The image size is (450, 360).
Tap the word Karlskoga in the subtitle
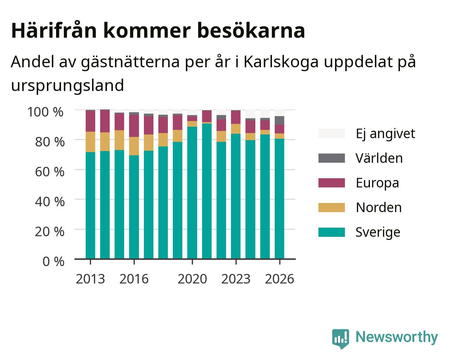tap(281, 62)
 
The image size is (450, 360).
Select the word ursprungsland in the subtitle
tap(67, 86)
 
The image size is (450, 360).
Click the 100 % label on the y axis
tap(45, 112)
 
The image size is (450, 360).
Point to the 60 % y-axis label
tap(50, 172)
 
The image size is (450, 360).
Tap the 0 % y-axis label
tap(53, 262)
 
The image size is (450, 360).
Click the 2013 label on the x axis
tap(90, 279)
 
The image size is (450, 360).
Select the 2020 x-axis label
tap(192, 279)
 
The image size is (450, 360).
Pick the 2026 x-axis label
tap(280, 279)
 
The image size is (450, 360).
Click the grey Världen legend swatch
tap(332, 158)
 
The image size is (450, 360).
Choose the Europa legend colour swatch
tap(332, 183)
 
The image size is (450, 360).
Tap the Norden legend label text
tap(379, 208)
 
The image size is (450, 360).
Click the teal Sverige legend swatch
tap(332, 232)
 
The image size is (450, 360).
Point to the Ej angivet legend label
tap(385, 134)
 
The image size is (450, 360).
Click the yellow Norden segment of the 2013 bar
tap(90, 142)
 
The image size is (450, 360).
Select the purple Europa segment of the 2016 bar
tap(134, 126)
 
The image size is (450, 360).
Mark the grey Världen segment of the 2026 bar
tap(279, 120)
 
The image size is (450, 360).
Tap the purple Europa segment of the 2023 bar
tap(236, 117)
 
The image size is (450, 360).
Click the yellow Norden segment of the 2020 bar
tap(192, 124)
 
